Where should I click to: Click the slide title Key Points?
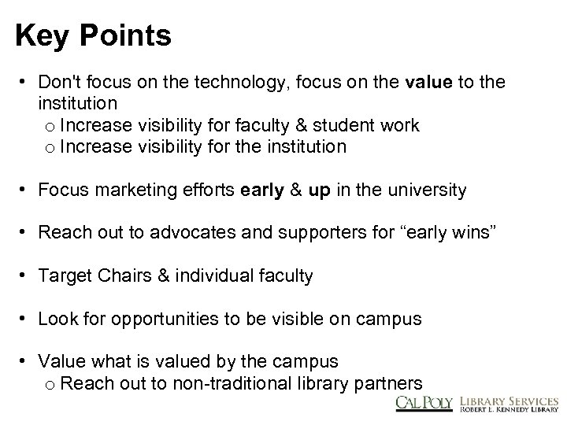[92, 35]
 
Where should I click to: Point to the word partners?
[392, 383]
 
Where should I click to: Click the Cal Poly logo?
[424, 403]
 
